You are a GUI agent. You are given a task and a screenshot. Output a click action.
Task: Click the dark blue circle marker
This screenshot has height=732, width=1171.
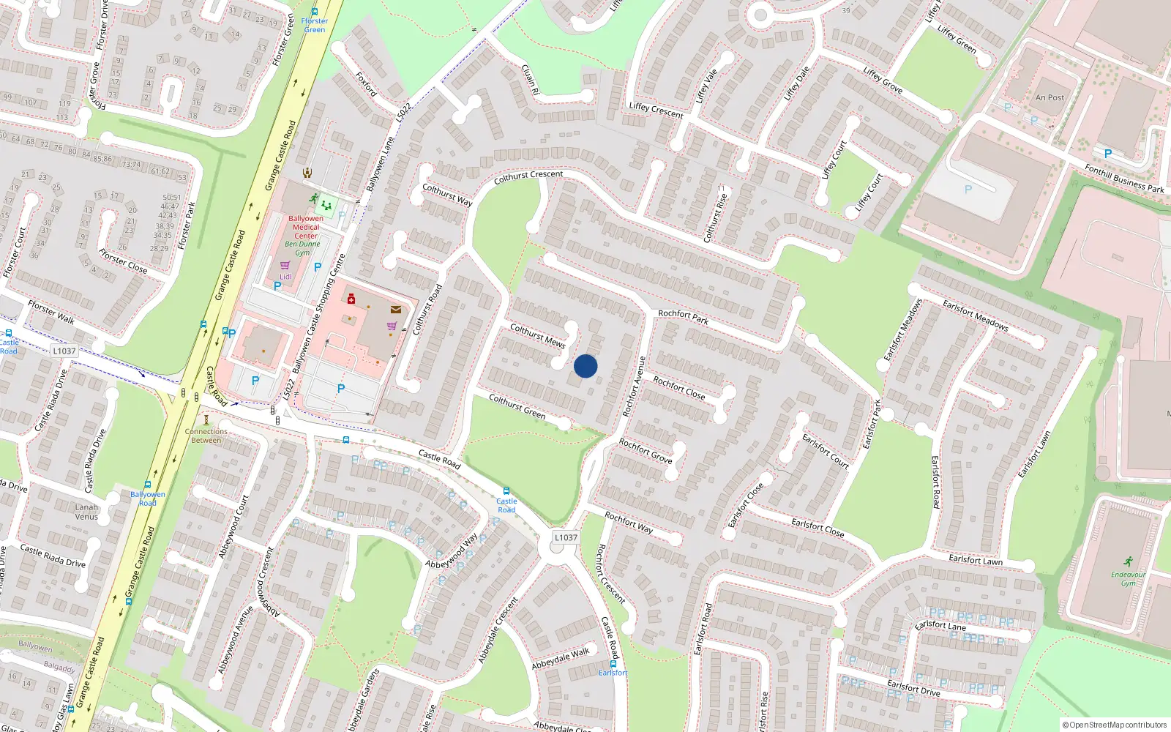tap(585, 366)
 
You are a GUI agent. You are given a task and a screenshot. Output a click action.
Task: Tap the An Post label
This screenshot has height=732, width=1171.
tap(1050, 97)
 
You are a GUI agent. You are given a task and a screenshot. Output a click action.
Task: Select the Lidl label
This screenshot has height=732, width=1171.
tap(286, 277)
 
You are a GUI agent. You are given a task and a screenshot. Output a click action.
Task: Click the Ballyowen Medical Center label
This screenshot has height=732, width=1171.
tap(306, 227)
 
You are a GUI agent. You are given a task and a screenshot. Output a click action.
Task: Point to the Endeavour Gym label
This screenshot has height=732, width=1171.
tap(1128, 578)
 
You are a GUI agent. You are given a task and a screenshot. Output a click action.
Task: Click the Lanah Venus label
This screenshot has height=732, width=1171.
tap(86, 512)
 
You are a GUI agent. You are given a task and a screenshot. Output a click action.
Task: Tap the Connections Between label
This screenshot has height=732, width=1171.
tap(206, 436)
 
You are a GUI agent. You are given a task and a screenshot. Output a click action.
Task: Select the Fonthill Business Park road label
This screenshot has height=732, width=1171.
tap(1124, 179)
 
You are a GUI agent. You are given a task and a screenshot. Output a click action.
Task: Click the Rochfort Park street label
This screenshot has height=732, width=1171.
tap(683, 316)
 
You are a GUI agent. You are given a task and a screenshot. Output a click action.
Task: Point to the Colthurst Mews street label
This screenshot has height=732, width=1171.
tap(537, 335)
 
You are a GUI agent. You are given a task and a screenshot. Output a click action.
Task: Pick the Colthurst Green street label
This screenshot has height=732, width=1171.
tap(517, 407)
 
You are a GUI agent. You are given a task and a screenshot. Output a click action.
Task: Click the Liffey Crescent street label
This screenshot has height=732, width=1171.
tap(656, 111)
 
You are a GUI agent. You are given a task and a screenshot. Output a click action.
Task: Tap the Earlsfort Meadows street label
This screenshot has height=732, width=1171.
tap(976, 315)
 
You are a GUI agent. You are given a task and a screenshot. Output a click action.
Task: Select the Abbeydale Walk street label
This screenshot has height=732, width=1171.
tap(560, 658)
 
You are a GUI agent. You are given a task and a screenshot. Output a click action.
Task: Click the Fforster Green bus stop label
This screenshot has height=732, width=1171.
tap(315, 25)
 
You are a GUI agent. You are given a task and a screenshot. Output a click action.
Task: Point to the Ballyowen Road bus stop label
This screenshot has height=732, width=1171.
tap(148, 498)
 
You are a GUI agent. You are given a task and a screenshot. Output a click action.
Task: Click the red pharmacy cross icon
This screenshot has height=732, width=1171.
tap(351, 299)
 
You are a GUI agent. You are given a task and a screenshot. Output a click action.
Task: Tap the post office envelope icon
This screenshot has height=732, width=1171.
tap(396, 310)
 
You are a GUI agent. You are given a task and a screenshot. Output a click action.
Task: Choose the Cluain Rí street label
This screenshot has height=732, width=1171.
tap(530, 79)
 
